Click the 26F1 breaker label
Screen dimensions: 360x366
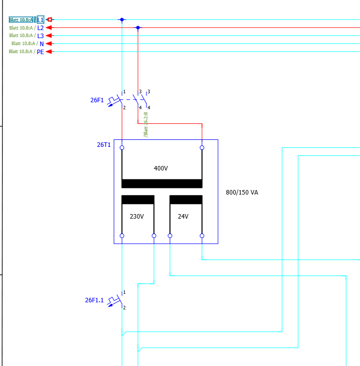(x=97, y=100)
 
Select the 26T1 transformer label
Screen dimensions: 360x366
(x=104, y=145)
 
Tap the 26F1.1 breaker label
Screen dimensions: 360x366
(x=94, y=300)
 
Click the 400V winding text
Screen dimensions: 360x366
(x=160, y=168)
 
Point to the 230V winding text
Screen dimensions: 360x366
(x=137, y=217)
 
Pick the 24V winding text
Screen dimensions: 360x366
(x=183, y=217)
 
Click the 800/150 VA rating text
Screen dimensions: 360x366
(x=242, y=193)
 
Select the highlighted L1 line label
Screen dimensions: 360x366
(x=41, y=20)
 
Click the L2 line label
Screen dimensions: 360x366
(x=41, y=28)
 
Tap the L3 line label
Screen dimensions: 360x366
(x=41, y=36)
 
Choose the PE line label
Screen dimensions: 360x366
(x=40, y=52)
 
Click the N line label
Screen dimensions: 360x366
(x=42, y=44)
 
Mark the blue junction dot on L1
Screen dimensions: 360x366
(x=122, y=20)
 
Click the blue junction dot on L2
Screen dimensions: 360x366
(x=138, y=28)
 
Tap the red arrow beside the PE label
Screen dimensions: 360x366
(x=50, y=52)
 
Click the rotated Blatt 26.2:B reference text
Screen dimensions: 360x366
(x=146, y=125)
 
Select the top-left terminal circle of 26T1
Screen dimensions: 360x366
(x=122, y=147)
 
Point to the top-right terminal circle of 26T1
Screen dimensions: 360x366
(x=202, y=147)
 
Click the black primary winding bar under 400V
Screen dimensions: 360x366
(x=162, y=184)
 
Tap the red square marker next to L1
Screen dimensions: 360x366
(x=50, y=20)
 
